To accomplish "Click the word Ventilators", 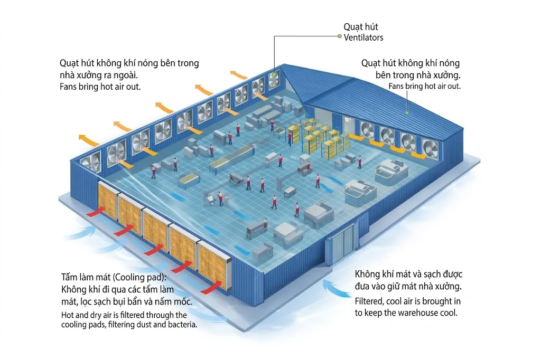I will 363,37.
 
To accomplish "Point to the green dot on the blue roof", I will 406,112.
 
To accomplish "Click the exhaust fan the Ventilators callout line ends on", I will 274,80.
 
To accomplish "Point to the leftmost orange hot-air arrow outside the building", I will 89,140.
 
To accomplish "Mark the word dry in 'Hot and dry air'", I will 99,316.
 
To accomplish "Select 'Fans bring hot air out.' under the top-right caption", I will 424,86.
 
